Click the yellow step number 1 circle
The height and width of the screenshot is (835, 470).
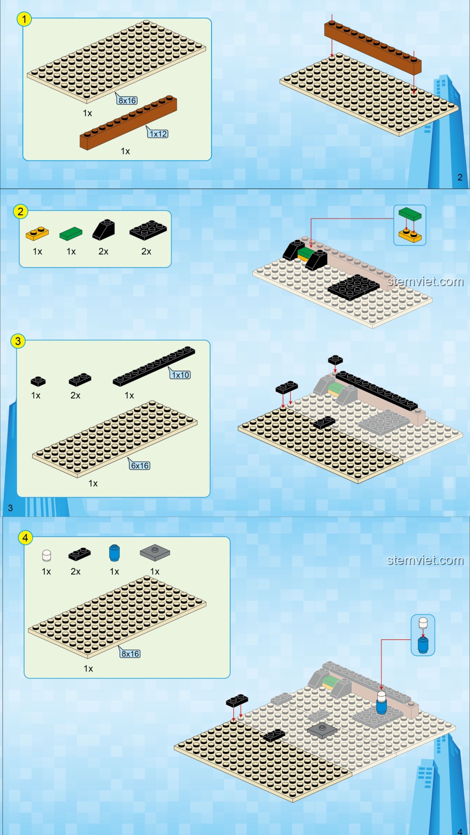click(24, 19)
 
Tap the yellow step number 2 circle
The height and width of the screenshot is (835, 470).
click(20, 212)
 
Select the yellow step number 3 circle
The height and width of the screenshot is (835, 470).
click(18, 341)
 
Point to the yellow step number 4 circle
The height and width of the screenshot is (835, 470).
click(25, 538)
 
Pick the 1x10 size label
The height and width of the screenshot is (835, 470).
click(181, 375)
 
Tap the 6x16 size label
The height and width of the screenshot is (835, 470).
click(140, 466)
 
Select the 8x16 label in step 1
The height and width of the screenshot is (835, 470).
click(128, 100)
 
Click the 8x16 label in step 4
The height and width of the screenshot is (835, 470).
click(131, 654)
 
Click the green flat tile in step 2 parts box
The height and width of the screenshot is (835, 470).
click(71, 234)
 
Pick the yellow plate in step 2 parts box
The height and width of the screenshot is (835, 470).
click(37, 234)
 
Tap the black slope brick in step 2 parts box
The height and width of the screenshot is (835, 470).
click(104, 230)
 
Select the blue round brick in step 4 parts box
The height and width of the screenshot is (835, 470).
click(114, 553)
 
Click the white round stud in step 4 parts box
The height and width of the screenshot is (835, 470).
click(47, 555)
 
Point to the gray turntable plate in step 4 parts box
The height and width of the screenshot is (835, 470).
click(155, 552)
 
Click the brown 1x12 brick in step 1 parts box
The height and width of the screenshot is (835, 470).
click(128, 123)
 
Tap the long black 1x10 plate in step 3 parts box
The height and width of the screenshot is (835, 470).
click(154, 366)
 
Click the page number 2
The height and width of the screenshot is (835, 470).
click(460, 177)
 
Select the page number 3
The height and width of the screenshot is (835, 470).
click(10, 508)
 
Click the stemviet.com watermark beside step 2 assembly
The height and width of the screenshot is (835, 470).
click(425, 281)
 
